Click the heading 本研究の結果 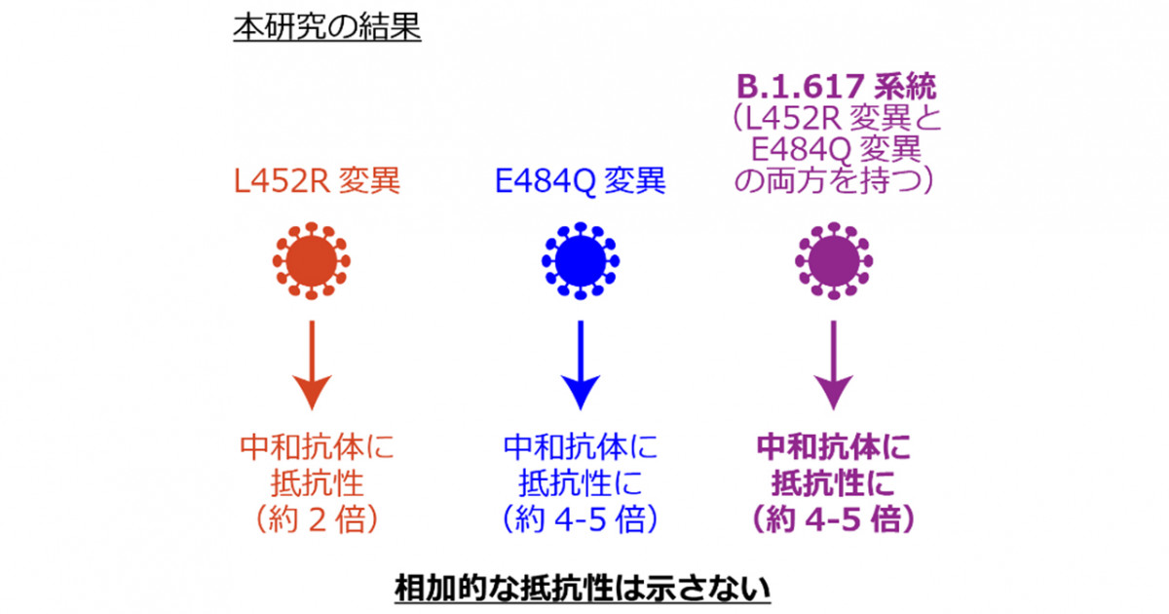point(327,27)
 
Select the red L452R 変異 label point(317,180)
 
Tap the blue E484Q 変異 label point(580,180)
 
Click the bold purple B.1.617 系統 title point(836,87)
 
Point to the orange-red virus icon point(312,261)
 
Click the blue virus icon point(581,261)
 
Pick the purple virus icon point(834,261)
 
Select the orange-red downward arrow point(312,365)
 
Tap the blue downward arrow point(581,365)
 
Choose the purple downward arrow point(834,365)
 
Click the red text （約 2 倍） point(317,518)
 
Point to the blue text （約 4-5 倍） point(580,518)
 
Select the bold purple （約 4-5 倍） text point(834,518)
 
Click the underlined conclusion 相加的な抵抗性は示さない point(583,589)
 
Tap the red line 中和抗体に point(317,447)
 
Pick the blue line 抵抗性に point(580,483)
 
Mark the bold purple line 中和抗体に point(834,447)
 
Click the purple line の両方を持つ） point(834,180)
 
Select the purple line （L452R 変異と point(836,119)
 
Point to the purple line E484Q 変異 point(836,150)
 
